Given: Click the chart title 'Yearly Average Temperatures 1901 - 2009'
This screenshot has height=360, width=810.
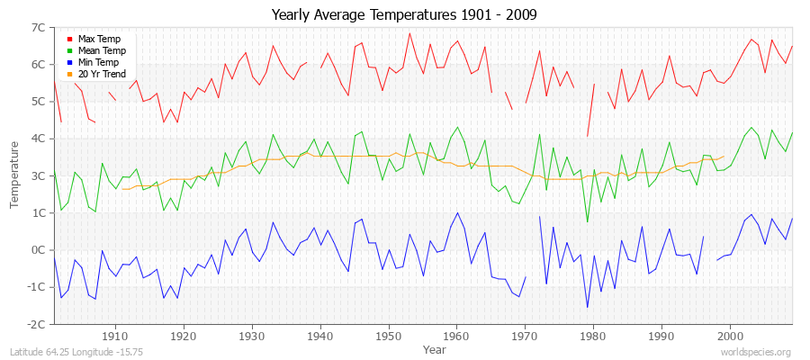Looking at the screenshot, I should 404,15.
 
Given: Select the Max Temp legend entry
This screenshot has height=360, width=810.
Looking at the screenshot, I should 98,39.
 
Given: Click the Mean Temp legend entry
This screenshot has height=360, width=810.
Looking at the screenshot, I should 101,50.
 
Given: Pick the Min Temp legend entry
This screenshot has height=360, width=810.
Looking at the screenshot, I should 98,62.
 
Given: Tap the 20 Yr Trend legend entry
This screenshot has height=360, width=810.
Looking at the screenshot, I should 102,74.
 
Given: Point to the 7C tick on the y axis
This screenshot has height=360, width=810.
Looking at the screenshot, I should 39,28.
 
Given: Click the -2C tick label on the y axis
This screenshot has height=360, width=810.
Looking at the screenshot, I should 37,324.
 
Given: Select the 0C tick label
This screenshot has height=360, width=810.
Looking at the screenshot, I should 39,250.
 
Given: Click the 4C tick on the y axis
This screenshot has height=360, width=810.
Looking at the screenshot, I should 39,139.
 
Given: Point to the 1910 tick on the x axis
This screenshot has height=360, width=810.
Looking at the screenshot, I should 115,335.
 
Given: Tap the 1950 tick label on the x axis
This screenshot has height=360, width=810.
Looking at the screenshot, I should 388,335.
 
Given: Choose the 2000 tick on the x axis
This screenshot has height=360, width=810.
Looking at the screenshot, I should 729,335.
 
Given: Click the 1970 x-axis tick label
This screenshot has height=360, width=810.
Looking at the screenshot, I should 525,335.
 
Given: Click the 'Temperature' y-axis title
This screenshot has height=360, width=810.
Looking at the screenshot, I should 15,175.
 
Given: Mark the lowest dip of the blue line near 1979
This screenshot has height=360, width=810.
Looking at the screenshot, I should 587,308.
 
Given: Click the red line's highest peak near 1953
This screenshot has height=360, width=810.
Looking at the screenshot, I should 409,33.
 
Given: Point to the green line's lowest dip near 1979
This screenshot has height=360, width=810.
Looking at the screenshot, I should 587,222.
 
